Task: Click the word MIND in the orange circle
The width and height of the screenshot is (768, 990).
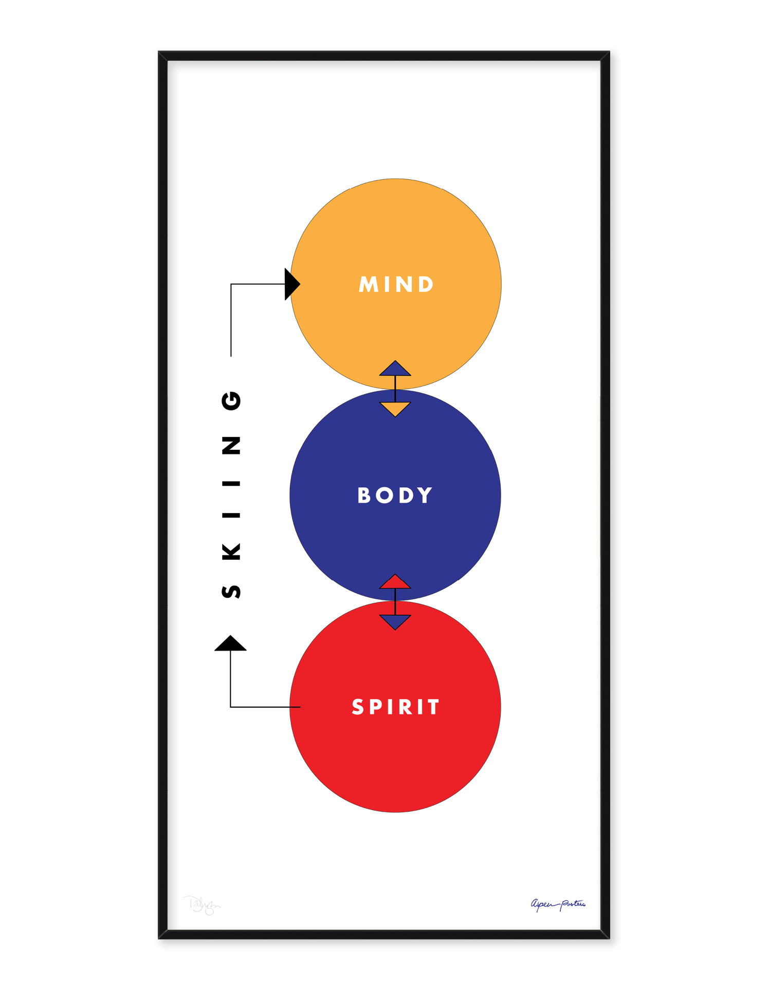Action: [x=396, y=284]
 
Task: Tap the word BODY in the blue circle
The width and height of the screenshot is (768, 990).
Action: [x=395, y=496]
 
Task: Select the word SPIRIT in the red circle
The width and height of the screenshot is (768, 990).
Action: [x=395, y=707]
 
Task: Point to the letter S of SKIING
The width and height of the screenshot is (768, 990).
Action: [x=231, y=592]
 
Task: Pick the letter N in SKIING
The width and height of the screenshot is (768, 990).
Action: [x=231, y=446]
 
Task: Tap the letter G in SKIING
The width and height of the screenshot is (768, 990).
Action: [x=231, y=400]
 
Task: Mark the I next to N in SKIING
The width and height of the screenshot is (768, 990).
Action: [x=231, y=483]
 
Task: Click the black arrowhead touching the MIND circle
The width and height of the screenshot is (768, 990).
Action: [x=291, y=284]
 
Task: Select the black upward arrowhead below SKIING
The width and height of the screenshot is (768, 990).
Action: [x=230, y=644]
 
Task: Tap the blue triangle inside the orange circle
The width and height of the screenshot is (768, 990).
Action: [x=395, y=370]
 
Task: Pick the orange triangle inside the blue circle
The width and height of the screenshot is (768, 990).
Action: [x=395, y=408]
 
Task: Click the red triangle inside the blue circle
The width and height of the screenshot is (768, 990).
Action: [x=395, y=582]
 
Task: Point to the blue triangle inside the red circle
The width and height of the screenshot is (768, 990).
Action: [x=395, y=621]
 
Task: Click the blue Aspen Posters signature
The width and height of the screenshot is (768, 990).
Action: [x=558, y=904]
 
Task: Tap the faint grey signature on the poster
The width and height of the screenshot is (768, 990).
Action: [x=202, y=905]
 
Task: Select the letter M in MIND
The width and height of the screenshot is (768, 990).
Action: [x=369, y=284]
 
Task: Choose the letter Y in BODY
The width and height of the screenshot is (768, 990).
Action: [x=425, y=496]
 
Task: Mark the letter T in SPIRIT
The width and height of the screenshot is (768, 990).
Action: [x=434, y=707]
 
